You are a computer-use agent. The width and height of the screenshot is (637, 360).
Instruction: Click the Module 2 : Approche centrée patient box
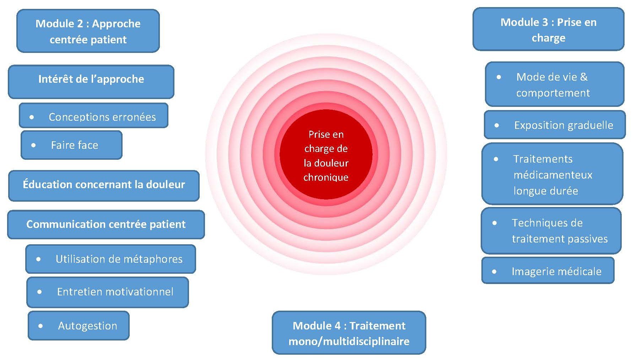coord(88,31)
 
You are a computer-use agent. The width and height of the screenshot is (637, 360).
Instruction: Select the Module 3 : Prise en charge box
coord(548,30)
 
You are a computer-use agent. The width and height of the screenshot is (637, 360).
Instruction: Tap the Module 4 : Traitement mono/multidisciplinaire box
coord(349,333)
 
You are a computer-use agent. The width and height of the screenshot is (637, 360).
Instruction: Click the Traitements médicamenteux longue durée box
coord(552,174)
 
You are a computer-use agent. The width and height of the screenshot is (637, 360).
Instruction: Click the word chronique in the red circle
coord(326,177)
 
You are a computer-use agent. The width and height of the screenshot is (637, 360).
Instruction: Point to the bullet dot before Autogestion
coord(41,326)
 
